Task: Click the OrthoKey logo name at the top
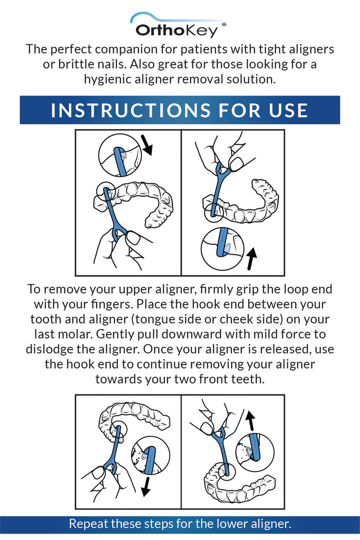176,30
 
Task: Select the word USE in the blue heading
286,110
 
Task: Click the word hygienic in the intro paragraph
111,79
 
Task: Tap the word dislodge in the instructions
49,350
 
